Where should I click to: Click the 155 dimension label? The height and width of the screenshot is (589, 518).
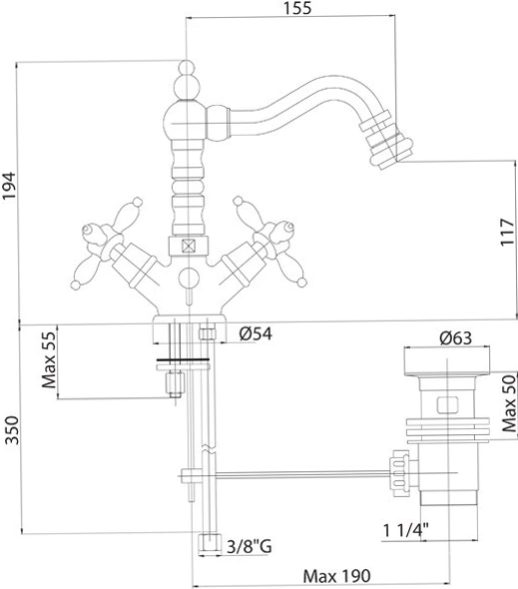[297, 8]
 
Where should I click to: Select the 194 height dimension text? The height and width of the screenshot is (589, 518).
[8, 186]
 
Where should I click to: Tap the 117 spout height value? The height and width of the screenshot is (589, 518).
[507, 232]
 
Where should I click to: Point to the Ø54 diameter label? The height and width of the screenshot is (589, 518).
[256, 333]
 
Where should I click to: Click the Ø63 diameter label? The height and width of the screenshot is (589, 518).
[456, 338]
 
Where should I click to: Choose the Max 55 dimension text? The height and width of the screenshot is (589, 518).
[49, 359]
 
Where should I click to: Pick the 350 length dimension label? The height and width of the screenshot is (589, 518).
[11, 430]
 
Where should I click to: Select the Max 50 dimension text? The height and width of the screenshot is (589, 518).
[509, 403]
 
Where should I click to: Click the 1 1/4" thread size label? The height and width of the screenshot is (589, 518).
[405, 531]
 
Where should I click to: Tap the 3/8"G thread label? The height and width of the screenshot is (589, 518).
[250, 546]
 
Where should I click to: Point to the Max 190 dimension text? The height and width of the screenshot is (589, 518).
[337, 576]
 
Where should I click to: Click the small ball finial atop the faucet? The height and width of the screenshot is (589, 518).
[186, 67]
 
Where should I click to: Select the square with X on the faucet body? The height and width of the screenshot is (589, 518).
[188, 246]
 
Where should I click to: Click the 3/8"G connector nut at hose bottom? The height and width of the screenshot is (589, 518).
[210, 543]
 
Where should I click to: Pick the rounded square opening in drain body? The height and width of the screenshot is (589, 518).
[447, 404]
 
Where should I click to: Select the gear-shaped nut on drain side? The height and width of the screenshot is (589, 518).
[399, 473]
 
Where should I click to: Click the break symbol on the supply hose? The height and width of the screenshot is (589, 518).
[208, 448]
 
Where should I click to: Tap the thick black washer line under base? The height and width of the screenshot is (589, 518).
[183, 359]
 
